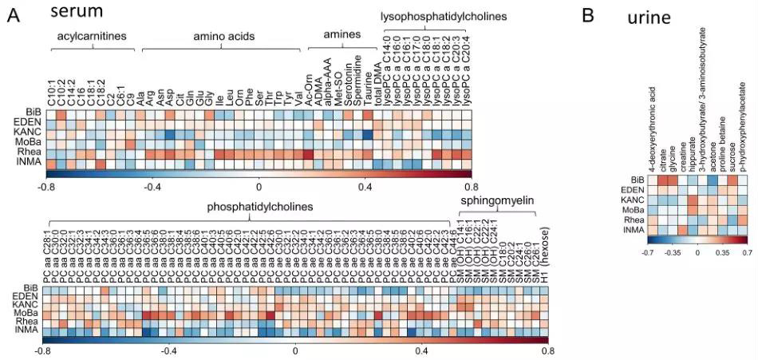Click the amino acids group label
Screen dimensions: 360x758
219,37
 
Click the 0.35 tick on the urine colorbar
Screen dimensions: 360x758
722,252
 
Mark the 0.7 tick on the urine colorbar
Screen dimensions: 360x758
747,252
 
